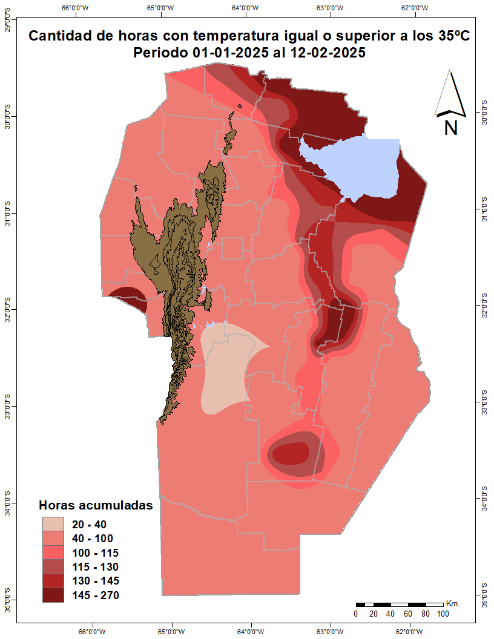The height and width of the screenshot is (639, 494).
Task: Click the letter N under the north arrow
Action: click(x=451, y=128)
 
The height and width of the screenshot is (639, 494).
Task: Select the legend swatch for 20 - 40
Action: click(x=53, y=524)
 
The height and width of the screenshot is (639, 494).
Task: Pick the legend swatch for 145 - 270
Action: click(x=53, y=595)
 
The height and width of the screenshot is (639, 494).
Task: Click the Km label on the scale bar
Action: click(x=452, y=603)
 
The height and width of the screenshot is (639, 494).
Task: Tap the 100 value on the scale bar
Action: click(x=443, y=614)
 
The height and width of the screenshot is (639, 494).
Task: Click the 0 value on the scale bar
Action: click(x=356, y=614)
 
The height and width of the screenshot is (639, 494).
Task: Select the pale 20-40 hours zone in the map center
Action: click(x=227, y=369)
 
